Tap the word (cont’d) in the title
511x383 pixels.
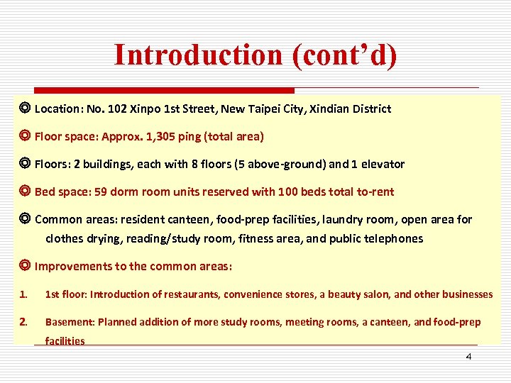pos(344,55)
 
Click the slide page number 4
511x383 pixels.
pos(468,356)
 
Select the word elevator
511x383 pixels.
pos(383,164)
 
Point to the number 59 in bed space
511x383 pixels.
pos(99,191)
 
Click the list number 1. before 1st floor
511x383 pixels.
pos(23,294)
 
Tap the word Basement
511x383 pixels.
pos(70,322)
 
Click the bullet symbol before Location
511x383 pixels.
pos(25,109)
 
